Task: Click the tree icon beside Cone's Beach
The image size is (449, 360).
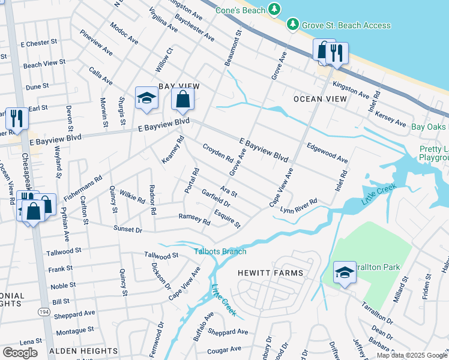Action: point(274,9)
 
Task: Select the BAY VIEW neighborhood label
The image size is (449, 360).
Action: point(178,86)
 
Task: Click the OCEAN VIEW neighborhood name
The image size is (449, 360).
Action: point(320,98)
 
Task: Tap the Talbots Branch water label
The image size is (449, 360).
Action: point(220,251)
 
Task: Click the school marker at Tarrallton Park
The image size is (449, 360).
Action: point(345,273)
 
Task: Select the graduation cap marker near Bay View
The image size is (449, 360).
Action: point(146,99)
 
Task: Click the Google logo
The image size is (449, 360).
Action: point(20,352)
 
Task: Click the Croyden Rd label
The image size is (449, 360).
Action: point(217,155)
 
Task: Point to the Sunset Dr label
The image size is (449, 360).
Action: point(127,230)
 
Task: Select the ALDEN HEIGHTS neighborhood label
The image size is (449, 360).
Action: point(83,350)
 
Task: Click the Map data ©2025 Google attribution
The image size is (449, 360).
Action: point(411,355)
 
